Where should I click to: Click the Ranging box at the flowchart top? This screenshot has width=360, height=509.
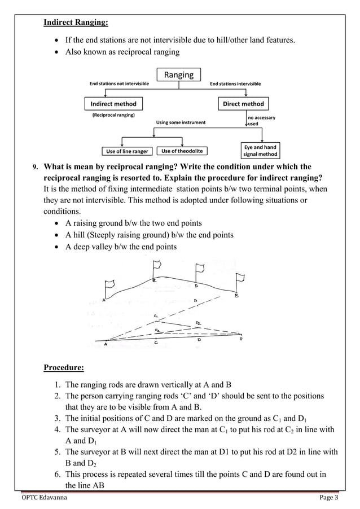click(179, 74)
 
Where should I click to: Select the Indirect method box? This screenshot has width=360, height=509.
click(113, 104)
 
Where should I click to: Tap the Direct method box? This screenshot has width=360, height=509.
click(243, 104)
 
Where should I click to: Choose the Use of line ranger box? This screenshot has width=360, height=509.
click(127, 151)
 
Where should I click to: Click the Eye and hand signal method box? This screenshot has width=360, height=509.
click(260, 151)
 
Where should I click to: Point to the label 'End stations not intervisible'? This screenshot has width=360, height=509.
click(120, 84)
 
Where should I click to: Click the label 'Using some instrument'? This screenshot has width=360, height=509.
click(181, 122)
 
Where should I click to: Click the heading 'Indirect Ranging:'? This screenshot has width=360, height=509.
click(76, 23)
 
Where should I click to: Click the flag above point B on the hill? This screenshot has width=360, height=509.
click(242, 279)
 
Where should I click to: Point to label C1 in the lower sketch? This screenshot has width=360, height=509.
click(156, 317)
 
